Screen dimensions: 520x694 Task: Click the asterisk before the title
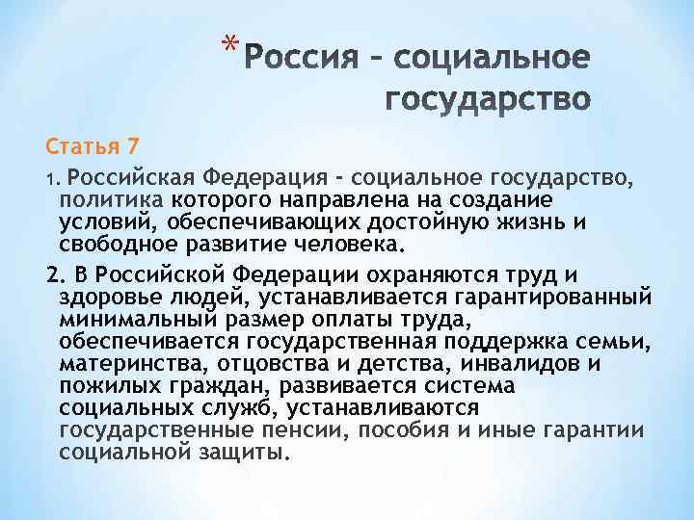click(x=227, y=44)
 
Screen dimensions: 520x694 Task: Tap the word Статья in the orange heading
click(x=80, y=147)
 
